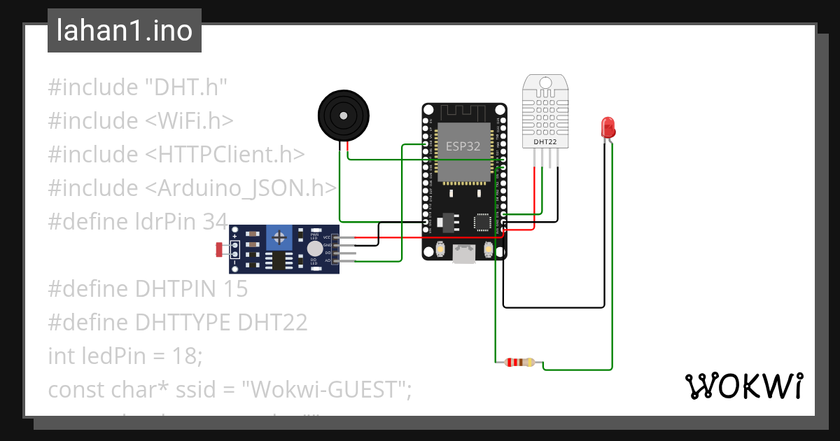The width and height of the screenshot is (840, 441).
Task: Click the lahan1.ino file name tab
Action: (124, 31)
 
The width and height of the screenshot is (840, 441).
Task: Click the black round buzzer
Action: (342, 115)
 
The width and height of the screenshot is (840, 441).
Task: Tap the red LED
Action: (608, 127)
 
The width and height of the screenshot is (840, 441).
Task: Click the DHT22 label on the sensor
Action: (545, 141)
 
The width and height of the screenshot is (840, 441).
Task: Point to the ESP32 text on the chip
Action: (463, 146)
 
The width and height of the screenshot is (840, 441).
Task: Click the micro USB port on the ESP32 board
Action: (463, 254)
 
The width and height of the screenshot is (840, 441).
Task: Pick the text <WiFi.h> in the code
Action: (189, 121)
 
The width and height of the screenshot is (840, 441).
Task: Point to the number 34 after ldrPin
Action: (213, 222)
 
